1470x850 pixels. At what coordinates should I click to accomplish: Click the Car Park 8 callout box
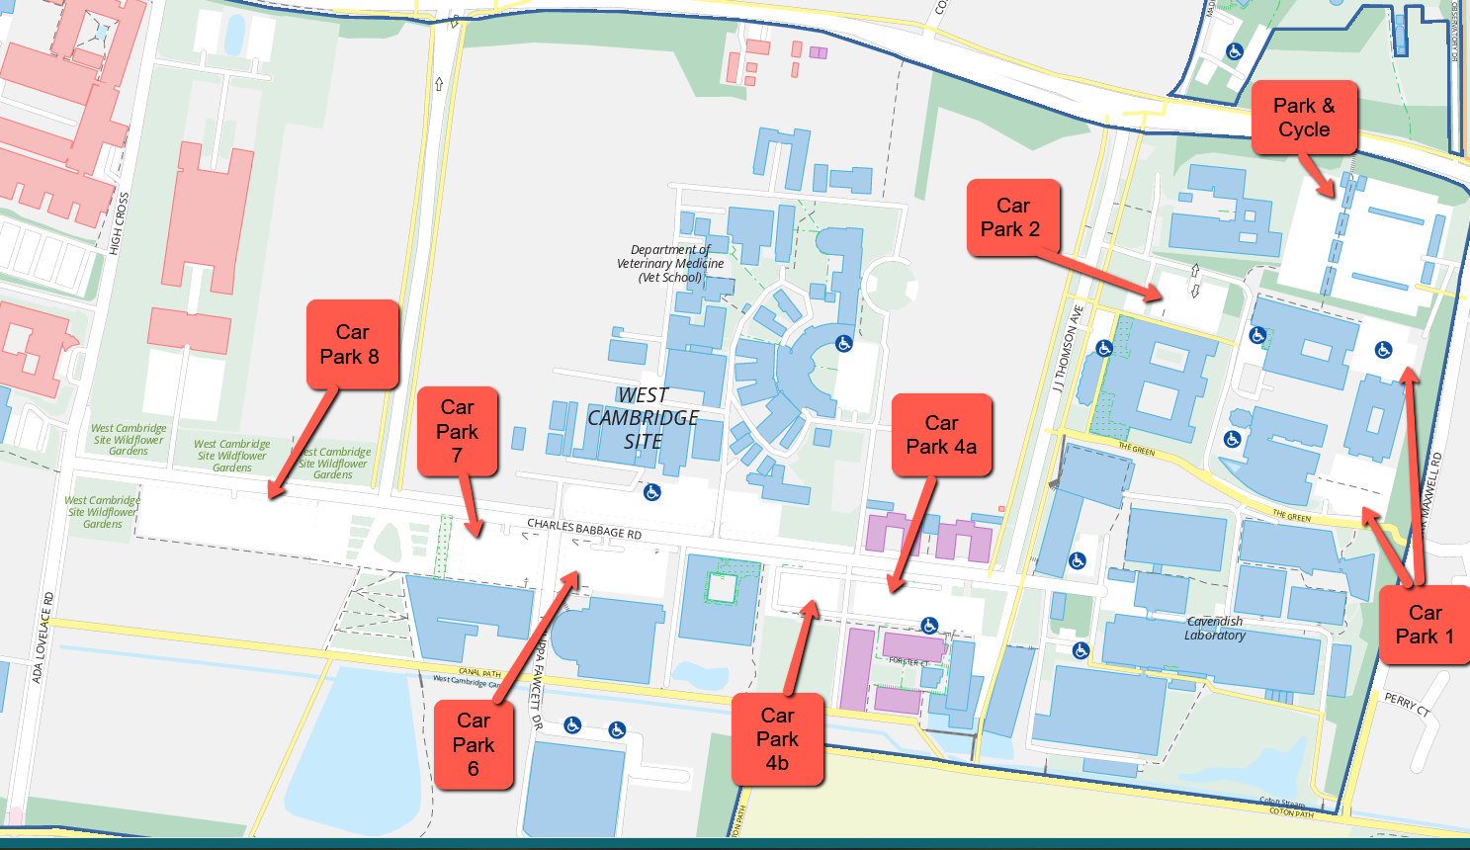point(352,344)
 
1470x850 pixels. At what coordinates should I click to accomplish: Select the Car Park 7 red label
point(457,431)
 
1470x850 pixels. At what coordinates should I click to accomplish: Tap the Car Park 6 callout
point(474,744)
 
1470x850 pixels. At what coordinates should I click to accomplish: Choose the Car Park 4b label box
point(777,739)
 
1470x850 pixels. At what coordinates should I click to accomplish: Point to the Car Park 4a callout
point(941,435)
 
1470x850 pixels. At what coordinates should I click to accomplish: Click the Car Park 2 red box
point(1012,217)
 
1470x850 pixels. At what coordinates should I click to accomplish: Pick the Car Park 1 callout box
point(1424,625)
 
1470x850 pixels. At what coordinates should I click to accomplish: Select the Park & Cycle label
point(1304,118)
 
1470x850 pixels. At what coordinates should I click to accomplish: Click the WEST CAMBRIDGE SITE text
point(644,418)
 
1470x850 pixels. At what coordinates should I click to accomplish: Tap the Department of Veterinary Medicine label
point(670,264)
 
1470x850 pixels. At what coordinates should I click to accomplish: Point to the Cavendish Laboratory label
point(1215,628)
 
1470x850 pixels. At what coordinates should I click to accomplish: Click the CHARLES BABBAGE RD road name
point(584,529)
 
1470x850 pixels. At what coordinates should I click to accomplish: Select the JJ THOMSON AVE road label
point(1068,348)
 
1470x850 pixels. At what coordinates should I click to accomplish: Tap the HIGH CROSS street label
point(120,223)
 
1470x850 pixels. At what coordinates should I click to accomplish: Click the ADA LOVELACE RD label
point(42,637)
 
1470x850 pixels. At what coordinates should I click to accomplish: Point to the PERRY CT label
point(1407,705)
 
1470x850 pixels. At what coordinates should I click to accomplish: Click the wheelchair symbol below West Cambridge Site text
point(652,492)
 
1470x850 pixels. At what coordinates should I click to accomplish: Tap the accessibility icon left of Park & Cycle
point(1234,51)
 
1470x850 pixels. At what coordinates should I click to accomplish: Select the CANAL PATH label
point(479,673)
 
